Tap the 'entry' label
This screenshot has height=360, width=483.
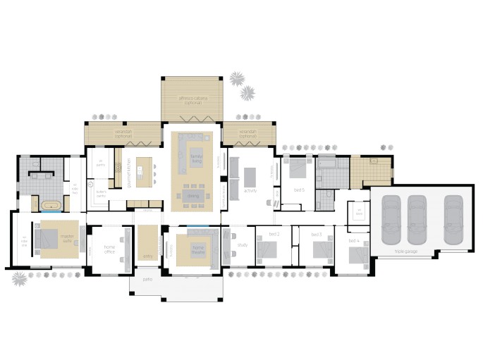pos(147,256)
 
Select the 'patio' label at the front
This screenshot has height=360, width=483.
pos(147,280)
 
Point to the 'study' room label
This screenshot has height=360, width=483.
pos(242,245)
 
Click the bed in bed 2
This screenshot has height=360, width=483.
pos(269,248)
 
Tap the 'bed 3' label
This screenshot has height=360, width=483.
pos(316,234)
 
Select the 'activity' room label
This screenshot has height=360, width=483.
pos(250,190)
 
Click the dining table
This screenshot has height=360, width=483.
pos(192,194)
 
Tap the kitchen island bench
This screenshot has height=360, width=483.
pos(145,171)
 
